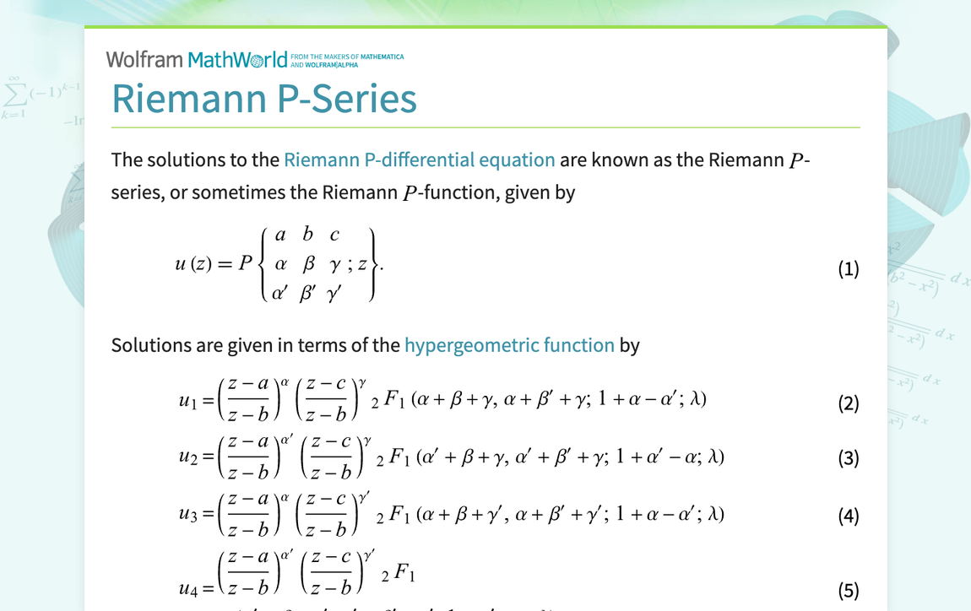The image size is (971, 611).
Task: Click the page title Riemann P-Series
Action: point(264,99)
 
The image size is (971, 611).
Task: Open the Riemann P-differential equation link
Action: point(420,160)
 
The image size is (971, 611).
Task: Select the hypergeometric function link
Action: point(509,345)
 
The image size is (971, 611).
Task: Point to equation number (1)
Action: point(848,269)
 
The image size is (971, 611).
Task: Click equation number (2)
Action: point(848,403)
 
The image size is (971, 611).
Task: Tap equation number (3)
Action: point(848,458)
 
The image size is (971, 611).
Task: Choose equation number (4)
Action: point(848,516)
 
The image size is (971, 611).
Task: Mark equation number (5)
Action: point(848,590)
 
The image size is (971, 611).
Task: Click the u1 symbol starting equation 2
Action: point(188,403)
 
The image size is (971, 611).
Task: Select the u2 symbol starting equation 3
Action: point(188,457)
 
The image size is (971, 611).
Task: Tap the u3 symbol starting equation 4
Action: point(188,515)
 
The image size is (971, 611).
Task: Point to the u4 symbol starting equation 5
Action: point(188,589)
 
